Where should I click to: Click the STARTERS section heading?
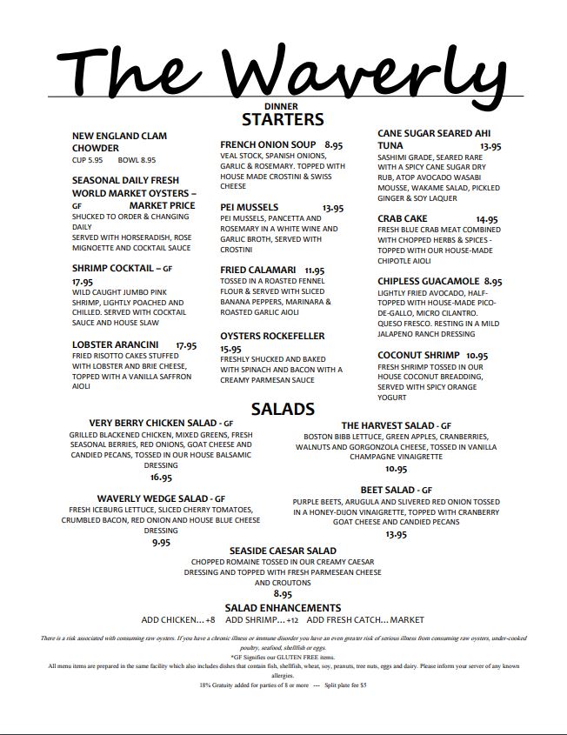pyautogui.click(x=283, y=120)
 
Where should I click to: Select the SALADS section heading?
pyautogui.click(x=283, y=409)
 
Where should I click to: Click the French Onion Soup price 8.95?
pyautogui.click(x=335, y=145)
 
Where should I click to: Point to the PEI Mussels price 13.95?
pyautogui.click(x=333, y=208)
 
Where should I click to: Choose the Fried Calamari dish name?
pyautogui.click(x=258, y=271)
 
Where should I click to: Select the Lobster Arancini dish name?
pyautogui.click(x=115, y=345)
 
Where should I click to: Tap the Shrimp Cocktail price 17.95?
pyautogui.click(x=83, y=282)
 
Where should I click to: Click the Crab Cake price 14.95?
pyautogui.click(x=487, y=219)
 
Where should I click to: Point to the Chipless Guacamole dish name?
pyautogui.click(x=428, y=282)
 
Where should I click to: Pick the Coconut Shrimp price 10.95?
pyautogui.click(x=477, y=356)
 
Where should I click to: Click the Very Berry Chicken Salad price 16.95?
pyautogui.click(x=161, y=478)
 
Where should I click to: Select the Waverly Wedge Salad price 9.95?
pyautogui.click(x=161, y=542)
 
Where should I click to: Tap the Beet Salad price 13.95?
pyautogui.click(x=396, y=534)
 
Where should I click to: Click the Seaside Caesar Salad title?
pyautogui.click(x=283, y=551)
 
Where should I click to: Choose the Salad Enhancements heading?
pyautogui.click(x=283, y=607)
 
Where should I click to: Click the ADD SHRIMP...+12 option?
pyautogui.click(x=262, y=620)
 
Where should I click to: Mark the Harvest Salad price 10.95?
pyautogui.click(x=396, y=468)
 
